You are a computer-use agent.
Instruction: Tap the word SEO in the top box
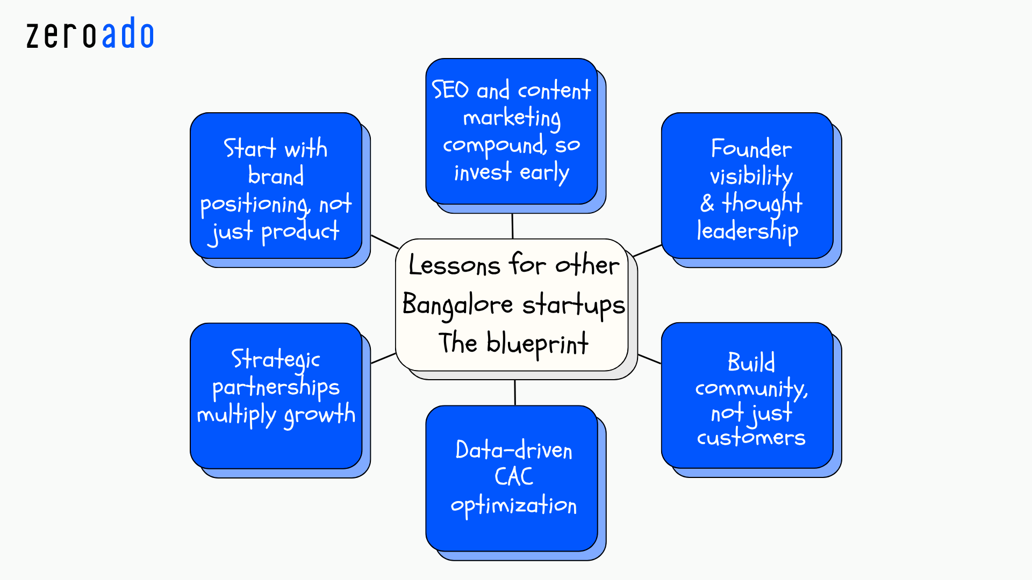click(450, 90)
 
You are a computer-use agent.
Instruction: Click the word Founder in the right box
click(751, 149)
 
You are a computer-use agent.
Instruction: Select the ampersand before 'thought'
click(707, 204)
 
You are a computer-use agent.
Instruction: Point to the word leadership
click(747, 231)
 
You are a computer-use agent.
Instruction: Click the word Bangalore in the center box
click(457, 305)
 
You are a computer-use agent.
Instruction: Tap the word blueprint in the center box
click(537, 344)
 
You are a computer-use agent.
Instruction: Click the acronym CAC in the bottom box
click(513, 477)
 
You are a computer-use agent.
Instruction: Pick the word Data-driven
click(513, 450)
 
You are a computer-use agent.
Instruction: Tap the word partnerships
click(276, 388)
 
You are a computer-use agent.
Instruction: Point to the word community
click(751, 388)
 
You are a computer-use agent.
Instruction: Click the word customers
click(751, 438)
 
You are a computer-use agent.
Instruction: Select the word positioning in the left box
click(255, 205)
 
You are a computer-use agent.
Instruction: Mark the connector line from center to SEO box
click(512, 226)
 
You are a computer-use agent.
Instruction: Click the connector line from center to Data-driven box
click(515, 393)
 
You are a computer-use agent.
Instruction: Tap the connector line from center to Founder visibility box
click(647, 251)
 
